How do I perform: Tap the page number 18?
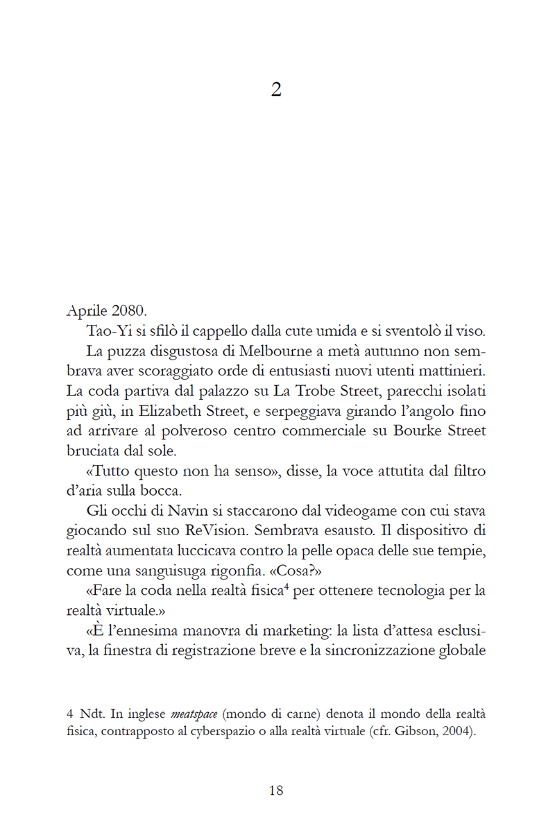point(276,790)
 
